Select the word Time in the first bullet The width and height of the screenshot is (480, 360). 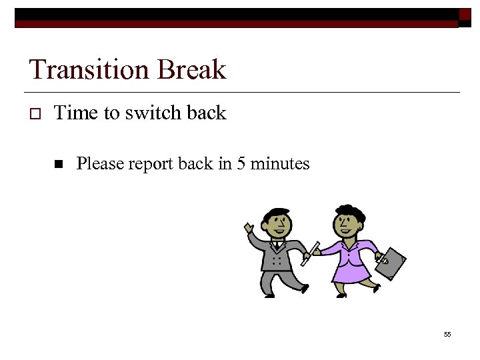tap(76, 113)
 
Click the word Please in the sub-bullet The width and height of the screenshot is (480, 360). tap(99, 163)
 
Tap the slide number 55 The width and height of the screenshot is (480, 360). tap(447, 334)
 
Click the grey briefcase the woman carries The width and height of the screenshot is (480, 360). tap(391, 264)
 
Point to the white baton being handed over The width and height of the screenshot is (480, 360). tap(310, 253)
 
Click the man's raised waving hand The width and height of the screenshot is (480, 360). tap(249, 229)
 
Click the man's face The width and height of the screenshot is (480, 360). tap(275, 225)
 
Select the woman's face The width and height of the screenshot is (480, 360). tap(347, 224)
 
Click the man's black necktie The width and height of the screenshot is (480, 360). tap(276, 246)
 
